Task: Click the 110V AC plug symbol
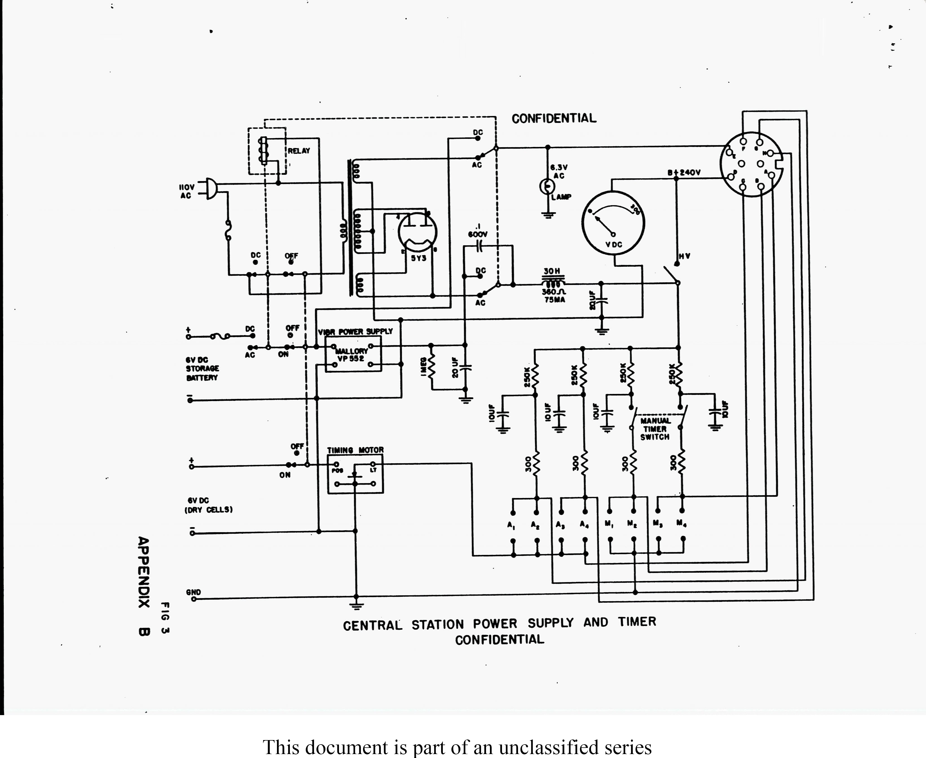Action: pyautogui.click(x=210, y=189)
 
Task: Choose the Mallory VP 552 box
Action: pyautogui.click(x=353, y=354)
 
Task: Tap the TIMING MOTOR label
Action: pyautogui.click(x=355, y=450)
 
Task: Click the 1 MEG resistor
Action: pyautogui.click(x=432, y=366)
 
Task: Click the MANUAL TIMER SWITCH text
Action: pyautogui.click(x=655, y=429)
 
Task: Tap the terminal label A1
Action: pyautogui.click(x=511, y=525)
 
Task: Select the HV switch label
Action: pyautogui.click(x=684, y=256)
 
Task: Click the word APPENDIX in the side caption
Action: pyautogui.click(x=144, y=572)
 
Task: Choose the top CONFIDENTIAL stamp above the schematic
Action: pyautogui.click(x=553, y=118)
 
